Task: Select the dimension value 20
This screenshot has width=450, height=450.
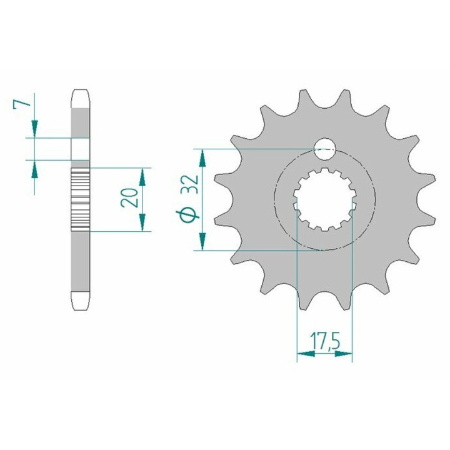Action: point(129,197)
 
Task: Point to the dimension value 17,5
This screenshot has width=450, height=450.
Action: point(324,341)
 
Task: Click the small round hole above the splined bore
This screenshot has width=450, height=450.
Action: point(324,149)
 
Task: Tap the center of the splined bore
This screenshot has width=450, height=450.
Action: point(324,199)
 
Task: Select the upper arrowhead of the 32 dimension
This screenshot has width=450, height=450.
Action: point(202,158)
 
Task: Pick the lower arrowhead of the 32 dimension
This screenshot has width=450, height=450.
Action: point(202,241)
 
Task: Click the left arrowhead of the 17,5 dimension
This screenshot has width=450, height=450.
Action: point(306,354)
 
